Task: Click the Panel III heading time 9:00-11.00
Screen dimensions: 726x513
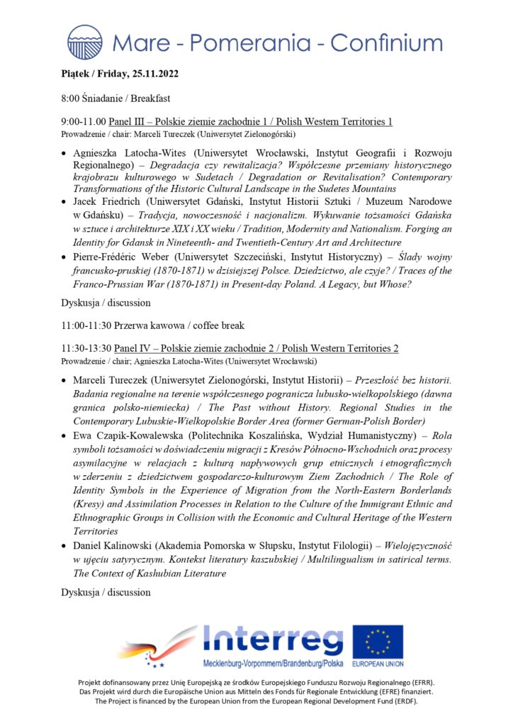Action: pyautogui.click(x=85, y=122)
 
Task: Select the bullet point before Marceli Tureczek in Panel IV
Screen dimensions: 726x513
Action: pyautogui.click(x=65, y=381)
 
